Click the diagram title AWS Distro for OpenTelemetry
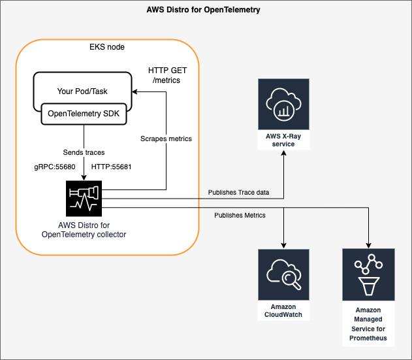coord(206,11)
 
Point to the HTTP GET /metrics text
coord(164,74)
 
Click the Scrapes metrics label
coord(166,139)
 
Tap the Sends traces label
coord(82,152)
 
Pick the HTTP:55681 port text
coord(112,167)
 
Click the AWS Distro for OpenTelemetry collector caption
coord(82,230)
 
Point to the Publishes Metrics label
coord(240,215)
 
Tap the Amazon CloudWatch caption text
coord(283,310)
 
